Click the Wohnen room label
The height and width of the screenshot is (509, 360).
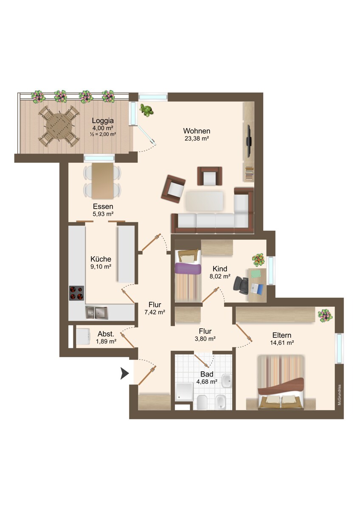click(x=197, y=131)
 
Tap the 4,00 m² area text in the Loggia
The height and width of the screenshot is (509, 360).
click(x=103, y=128)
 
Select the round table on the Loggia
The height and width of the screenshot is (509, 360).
click(x=59, y=126)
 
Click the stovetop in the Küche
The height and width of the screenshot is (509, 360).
click(x=76, y=293)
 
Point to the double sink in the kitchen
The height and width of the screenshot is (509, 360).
click(x=96, y=313)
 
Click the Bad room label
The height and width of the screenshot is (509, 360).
click(x=207, y=374)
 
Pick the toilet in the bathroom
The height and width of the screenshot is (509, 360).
click(x=202, y=403)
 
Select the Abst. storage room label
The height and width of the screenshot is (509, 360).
click(x=106, y=334)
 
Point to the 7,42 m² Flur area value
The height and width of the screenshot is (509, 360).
click(x=155, y=312)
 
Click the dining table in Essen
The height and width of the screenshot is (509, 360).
click(x=103, y=181)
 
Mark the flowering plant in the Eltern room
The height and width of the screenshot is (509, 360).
click(x=325, y=316)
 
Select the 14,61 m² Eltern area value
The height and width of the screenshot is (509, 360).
click(x=282, y=343)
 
